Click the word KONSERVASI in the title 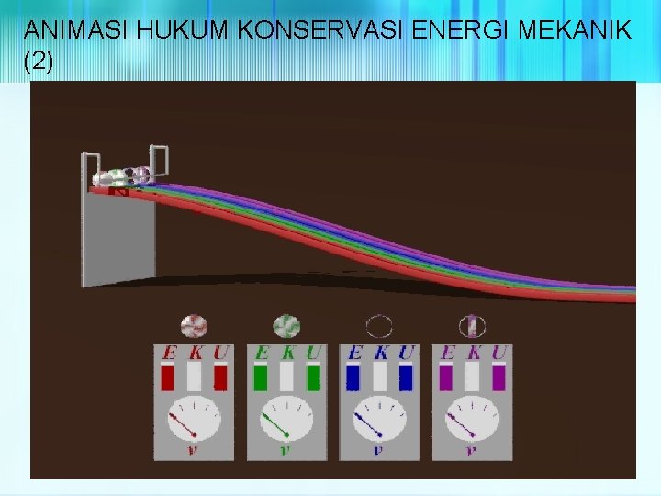tap(310, 31)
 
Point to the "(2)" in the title tap(39, 62)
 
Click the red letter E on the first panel tap(168, 353)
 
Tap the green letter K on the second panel tap(288, 353)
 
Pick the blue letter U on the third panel tap(407, 353)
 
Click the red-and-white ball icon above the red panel tap(195, 326)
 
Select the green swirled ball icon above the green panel tap(287, 326)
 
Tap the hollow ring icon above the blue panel tap(379, 326)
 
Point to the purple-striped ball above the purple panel tap(473, 326)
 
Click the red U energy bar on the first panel tap(220, 377)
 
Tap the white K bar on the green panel tap(287, 377)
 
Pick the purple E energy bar tap(447, 377)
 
